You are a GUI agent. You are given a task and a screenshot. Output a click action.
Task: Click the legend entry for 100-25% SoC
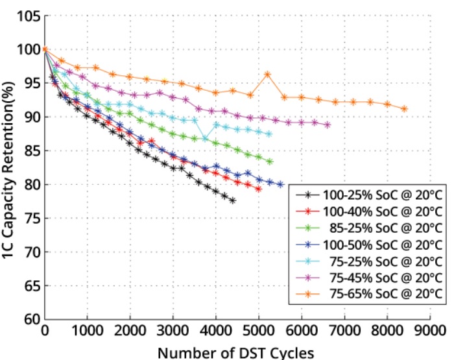point(369,195)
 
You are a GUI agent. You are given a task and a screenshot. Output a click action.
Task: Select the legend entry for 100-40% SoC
point(369,211)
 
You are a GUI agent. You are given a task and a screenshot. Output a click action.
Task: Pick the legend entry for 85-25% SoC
point(369,228)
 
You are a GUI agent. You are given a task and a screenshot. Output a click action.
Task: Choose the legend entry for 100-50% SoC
point(369,245)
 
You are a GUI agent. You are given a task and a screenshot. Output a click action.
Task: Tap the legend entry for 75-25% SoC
point(369,261)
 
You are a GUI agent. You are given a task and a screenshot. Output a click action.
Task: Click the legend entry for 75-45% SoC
point(369,278)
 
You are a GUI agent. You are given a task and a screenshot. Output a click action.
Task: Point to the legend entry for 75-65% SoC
point(369,294)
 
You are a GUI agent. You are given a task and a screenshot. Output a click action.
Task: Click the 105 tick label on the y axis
point(29,16)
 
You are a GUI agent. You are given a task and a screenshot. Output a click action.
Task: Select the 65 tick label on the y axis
point(32,285)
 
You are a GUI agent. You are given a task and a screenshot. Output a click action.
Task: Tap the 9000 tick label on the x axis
point(430,330)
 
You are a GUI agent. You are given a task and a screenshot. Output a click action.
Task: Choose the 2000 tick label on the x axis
point(130,330)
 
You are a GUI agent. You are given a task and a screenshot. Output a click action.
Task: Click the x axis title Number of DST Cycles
point(235,353)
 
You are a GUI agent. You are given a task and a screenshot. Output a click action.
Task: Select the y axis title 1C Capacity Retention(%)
point(8,170)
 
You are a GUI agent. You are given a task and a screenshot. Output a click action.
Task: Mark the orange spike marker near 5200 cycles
point(267,75)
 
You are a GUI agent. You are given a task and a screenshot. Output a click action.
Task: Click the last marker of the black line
point(233,200)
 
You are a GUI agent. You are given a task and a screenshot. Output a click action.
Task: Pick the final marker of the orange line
point(405,109)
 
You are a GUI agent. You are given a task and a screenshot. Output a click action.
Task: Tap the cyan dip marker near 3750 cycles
point(205,139)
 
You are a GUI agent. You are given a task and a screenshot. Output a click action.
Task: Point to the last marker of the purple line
point(328,125)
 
